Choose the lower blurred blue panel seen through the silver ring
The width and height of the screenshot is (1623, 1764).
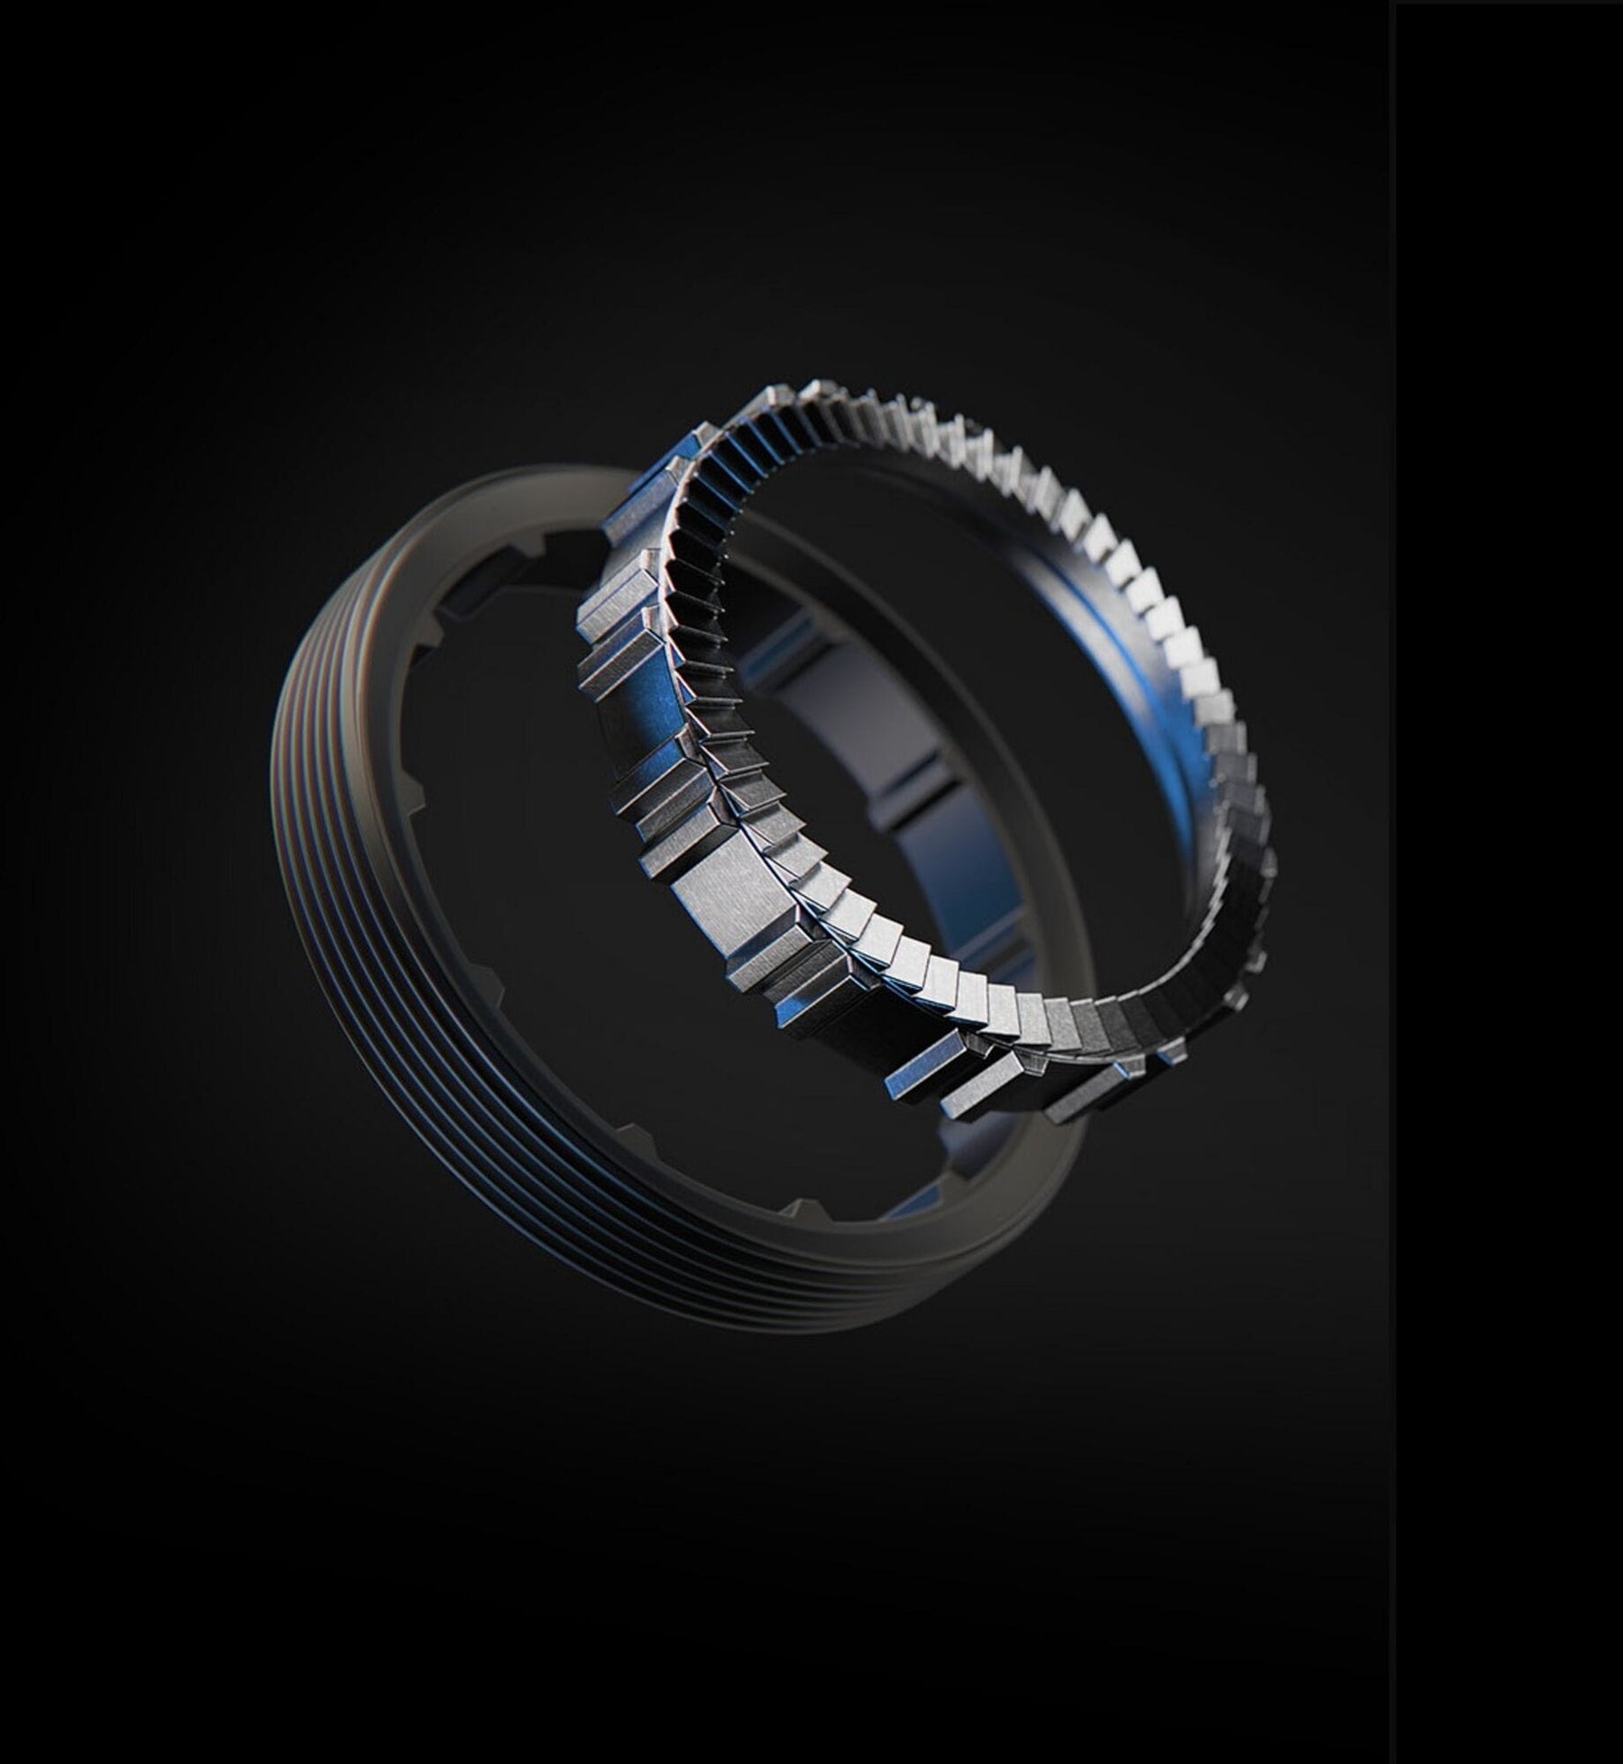pyautogui.click(x=938, y=865)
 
